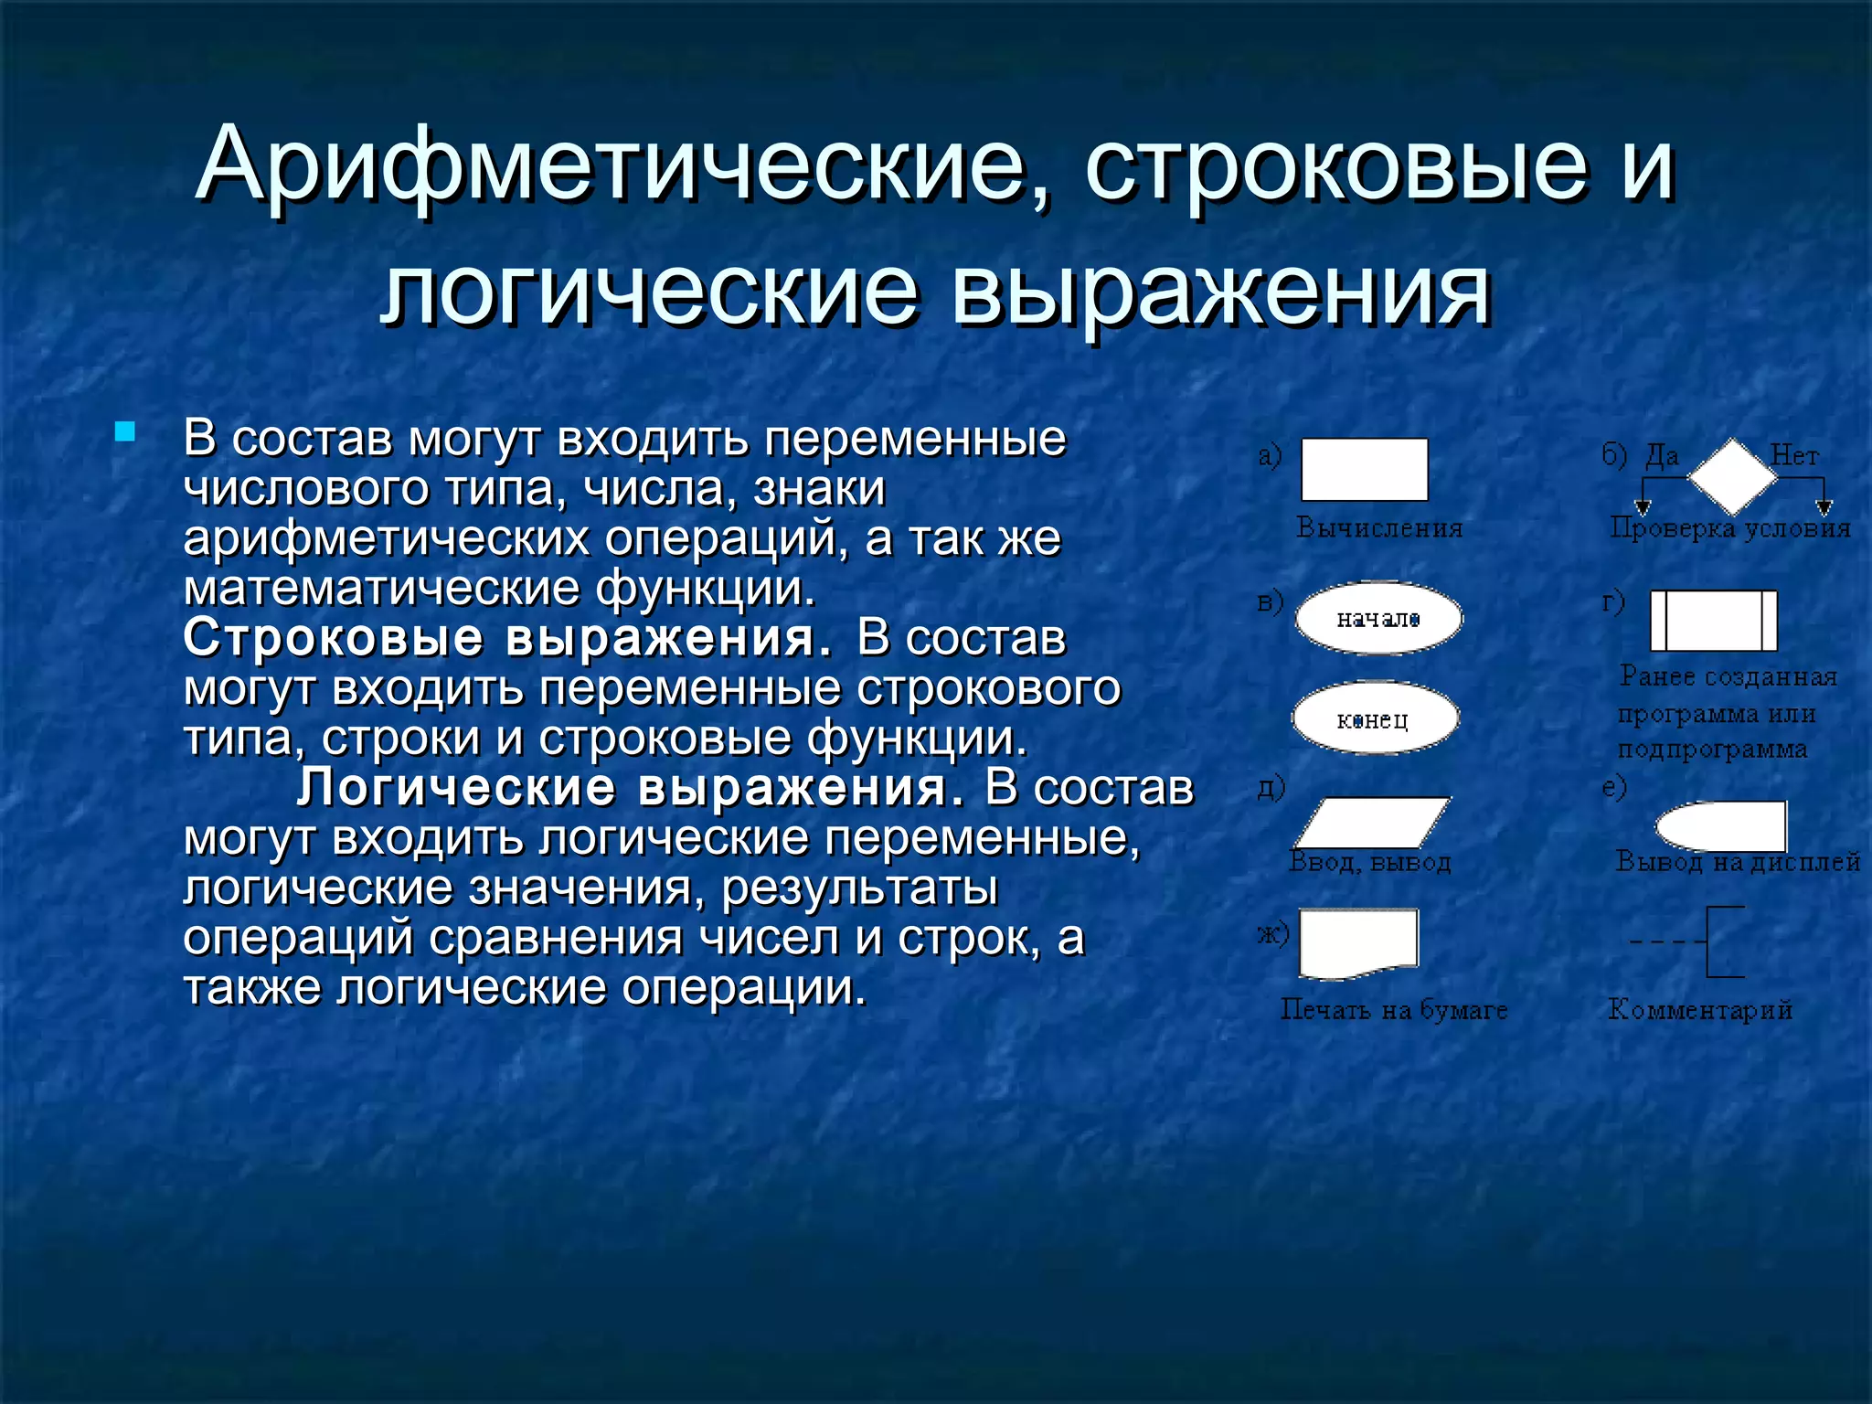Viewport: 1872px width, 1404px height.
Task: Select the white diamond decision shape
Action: (1731, 476)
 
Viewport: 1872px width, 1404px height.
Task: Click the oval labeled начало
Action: (1378, 619)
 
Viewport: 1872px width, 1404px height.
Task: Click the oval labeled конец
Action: (1374, 719)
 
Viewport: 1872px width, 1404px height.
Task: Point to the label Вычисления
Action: (1379, 528)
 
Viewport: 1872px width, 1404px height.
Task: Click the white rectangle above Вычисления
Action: (1364, 470)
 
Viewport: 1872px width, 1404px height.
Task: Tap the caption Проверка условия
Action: (1729, 528)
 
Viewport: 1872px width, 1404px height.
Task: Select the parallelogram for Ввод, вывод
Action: (1372, 823)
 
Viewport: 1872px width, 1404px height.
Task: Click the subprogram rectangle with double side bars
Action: (1713, 621)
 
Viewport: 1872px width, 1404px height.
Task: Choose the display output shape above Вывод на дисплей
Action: (1720, 826)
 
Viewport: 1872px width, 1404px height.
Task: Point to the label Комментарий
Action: (1699, 1010)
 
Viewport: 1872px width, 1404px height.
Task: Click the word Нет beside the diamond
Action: (1793, 455)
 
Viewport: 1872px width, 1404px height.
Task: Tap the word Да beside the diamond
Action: (1662, 455)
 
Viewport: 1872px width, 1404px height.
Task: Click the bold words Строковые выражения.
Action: (507, 637)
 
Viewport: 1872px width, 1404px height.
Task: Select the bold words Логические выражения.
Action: (630, 787)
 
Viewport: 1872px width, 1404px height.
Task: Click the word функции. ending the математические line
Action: (705, 588)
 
